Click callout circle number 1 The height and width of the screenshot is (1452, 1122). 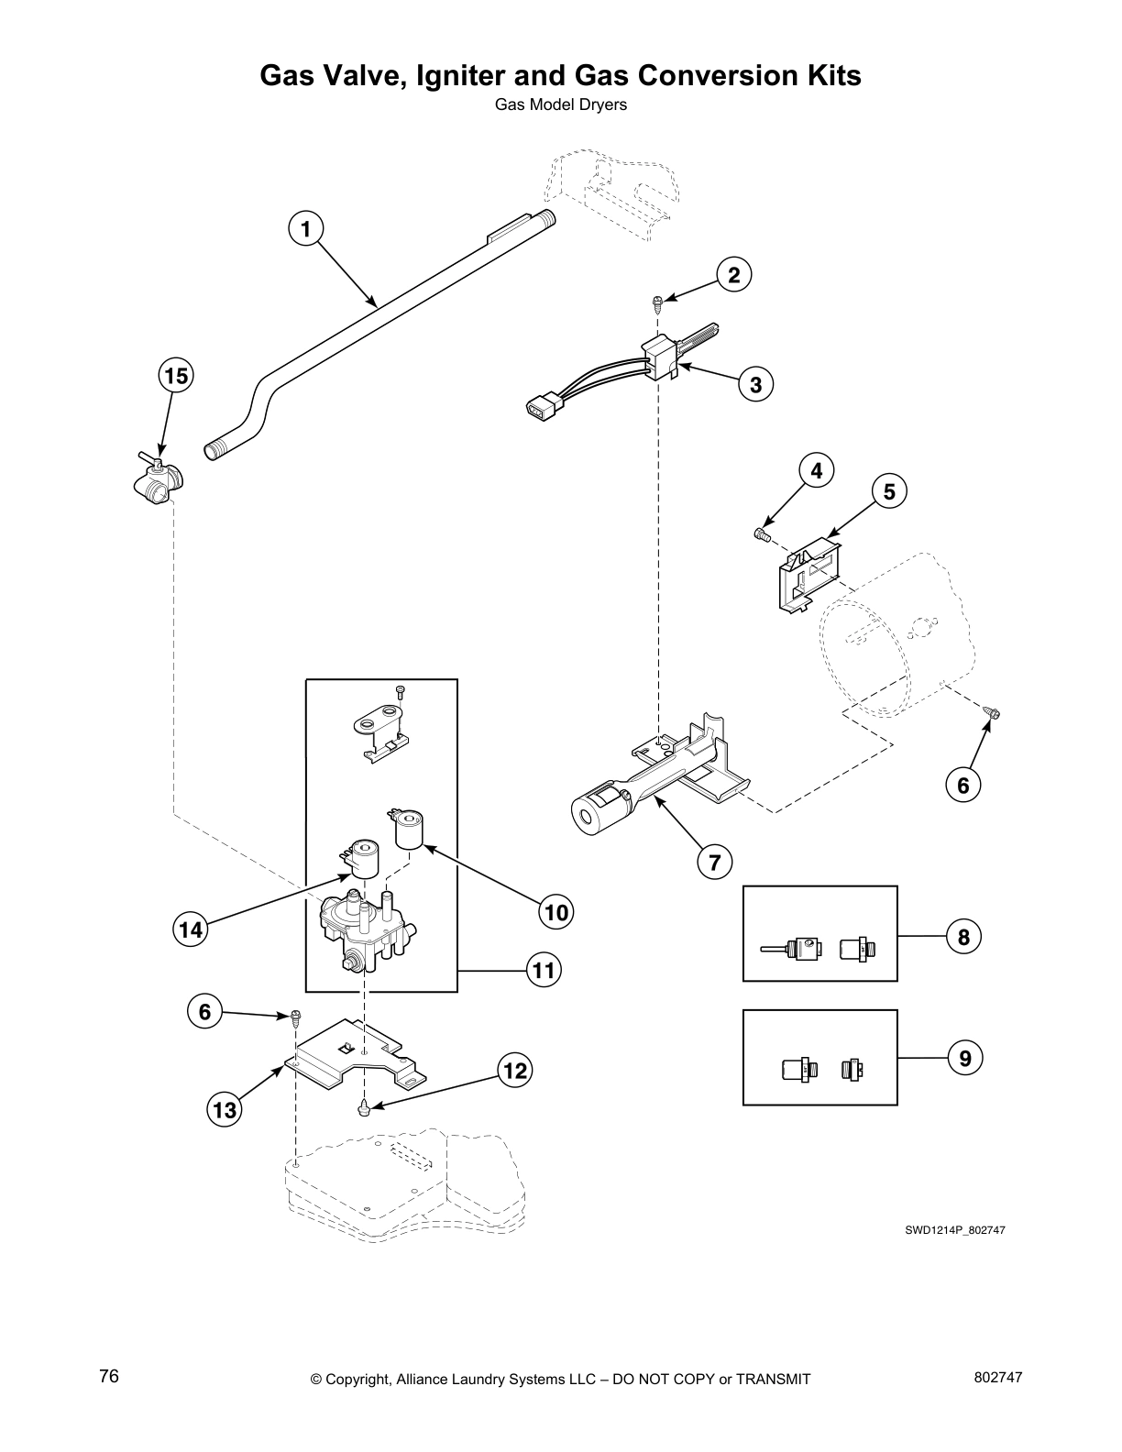pos(306,228)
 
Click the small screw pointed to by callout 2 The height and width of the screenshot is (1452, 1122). pos(657,300)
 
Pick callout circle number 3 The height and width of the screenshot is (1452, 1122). pos(755,384)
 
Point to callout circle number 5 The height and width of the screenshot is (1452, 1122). pos(888,490)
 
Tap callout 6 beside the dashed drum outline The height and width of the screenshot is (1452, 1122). pos(963,785)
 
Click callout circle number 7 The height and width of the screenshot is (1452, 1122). pos(714,861)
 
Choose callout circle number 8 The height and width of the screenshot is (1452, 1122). pos(963,936)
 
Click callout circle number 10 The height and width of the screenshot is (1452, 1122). pos(556,911)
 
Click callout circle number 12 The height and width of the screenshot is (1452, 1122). pos(516,1071)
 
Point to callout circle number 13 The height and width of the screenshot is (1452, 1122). pos(225,1111)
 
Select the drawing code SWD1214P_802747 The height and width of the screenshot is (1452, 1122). pos(955,1230)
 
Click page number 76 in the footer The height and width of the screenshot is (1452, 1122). pos(109,1378)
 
